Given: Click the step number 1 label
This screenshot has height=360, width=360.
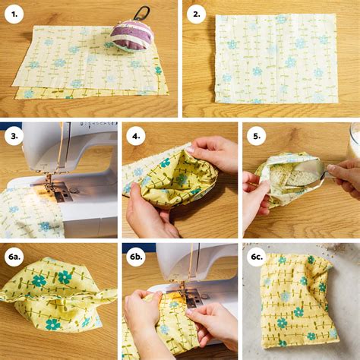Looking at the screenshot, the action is (x=14, y=14).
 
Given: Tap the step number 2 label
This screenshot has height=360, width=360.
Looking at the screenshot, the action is (x=197, y=14).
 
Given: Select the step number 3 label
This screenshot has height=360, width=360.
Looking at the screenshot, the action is (x=14, y=136).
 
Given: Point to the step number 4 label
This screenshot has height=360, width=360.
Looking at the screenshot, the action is (x=136, y=136).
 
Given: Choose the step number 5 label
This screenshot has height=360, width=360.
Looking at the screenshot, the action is (x=257, y=136).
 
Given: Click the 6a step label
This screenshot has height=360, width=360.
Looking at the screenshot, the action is (x=14, y=257).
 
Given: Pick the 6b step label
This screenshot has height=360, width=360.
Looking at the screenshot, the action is (x=136, y=257).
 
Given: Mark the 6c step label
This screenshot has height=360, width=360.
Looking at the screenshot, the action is (x=257, y=257).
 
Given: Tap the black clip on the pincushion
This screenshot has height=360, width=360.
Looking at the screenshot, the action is (x=143, y=12).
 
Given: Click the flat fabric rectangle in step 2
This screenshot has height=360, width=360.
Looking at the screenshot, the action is (x=276, y=58).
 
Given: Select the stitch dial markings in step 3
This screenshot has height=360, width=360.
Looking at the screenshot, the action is (x=99, y=124).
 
